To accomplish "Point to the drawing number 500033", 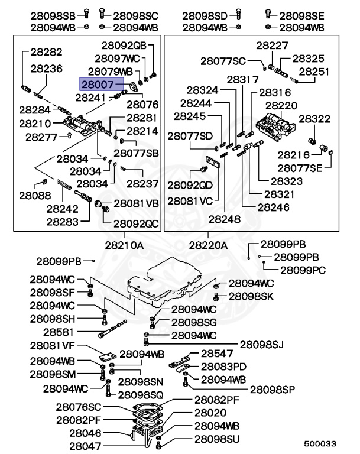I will pyautogui.click(x=320, y=443).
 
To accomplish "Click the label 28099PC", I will pyautogui.click(x=301, y=270).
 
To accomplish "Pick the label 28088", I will pyautogui.click(x=34, y=195).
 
